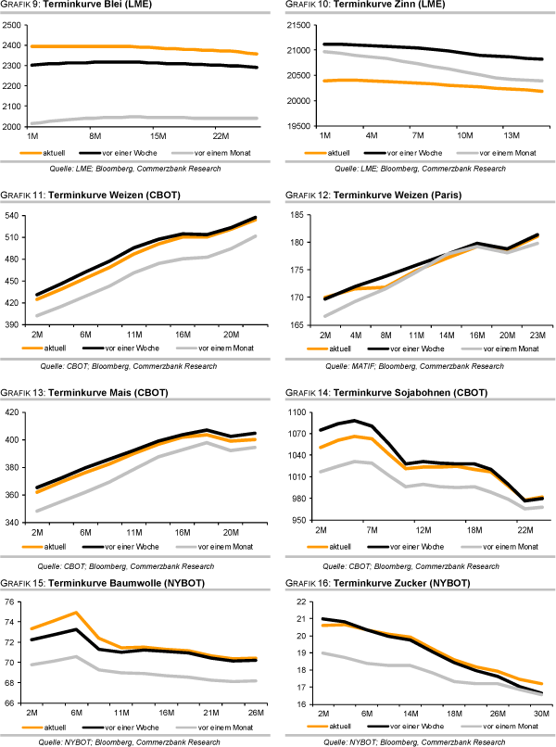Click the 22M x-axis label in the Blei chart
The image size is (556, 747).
pos(220,136)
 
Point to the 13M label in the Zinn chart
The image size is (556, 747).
pos(512,136)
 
